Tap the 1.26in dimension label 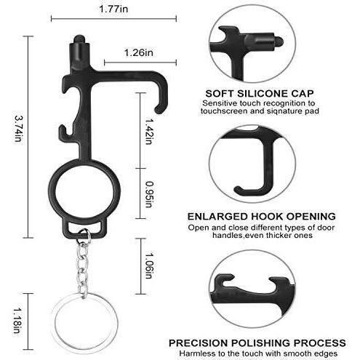tap(138, 52)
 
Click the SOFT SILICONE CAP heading tap(258, 93)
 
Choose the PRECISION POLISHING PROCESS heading tap(257, 342)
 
